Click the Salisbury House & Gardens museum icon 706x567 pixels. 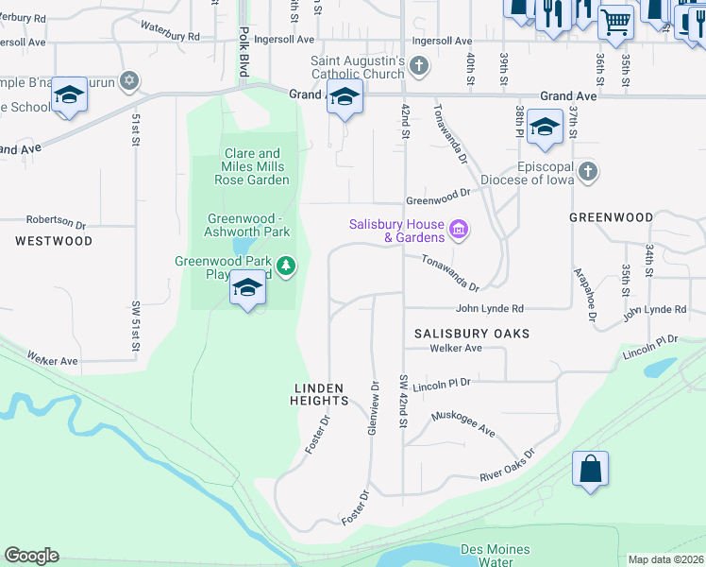[460, 230]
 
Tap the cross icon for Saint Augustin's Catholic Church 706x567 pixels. [419, 67]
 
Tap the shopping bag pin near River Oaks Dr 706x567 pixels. [590, 469]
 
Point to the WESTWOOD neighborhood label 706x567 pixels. [54, 241]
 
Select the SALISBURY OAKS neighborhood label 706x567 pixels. [472, 334]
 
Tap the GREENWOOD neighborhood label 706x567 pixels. [611, 217]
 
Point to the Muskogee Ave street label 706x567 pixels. [462, 423]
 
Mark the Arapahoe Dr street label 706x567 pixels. [585, 296]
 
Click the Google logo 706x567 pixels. [31, 556]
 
